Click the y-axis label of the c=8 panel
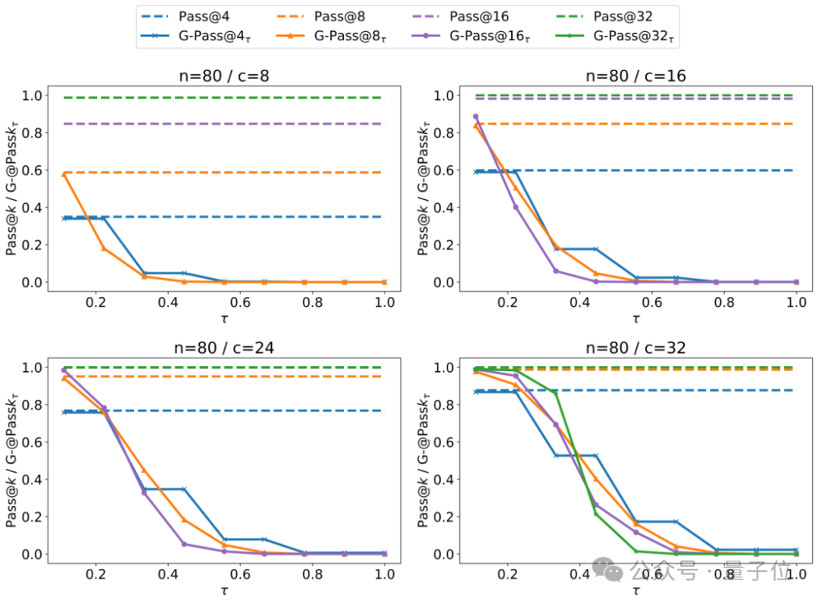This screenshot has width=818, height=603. tap(13, 189)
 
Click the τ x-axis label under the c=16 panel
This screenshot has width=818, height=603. tap(635, 319)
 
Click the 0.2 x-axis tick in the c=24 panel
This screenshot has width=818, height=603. tap(96, 572)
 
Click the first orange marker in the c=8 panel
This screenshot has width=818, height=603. tap(64, 174)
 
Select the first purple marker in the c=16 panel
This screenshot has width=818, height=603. tap(476, 117)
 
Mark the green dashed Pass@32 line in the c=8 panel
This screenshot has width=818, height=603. tap(227, 98)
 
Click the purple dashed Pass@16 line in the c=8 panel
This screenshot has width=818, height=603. tap(227, 123)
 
